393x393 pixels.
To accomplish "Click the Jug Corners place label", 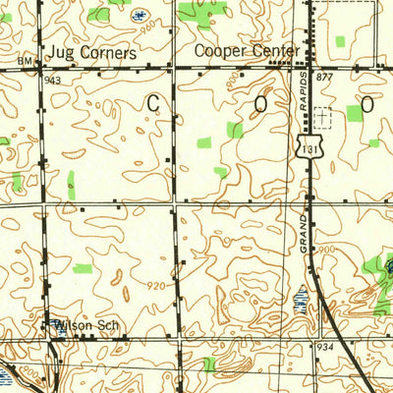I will (87, 50).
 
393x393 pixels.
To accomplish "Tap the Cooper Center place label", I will (235, 50).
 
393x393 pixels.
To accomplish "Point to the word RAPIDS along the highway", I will (305, 90).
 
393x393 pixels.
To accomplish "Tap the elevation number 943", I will (52, 80).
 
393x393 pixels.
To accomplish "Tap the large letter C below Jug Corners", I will (154, 102).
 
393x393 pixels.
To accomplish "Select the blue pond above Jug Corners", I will (138, 16).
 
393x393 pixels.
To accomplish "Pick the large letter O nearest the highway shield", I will (261, 102).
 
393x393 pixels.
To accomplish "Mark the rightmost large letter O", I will (366, 102).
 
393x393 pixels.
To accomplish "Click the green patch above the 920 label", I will (83, 268).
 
